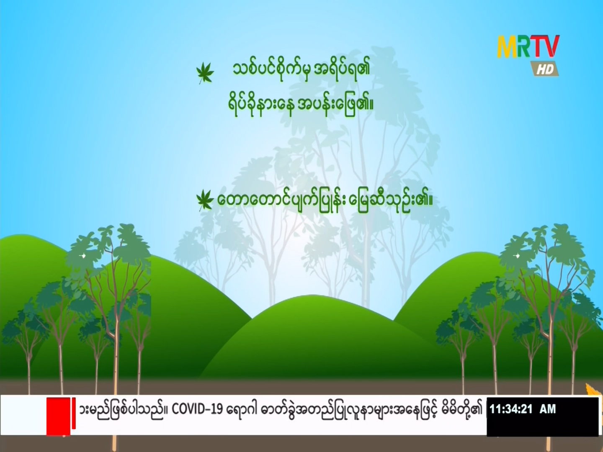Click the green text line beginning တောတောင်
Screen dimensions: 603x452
(325, 200)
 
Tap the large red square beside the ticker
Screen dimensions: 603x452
(58, 416)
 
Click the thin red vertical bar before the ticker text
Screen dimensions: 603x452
(74, 413)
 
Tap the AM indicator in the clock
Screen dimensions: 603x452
(548, 409)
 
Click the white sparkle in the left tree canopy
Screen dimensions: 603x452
(84, 256)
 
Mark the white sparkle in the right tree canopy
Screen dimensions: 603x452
(517, 256)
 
